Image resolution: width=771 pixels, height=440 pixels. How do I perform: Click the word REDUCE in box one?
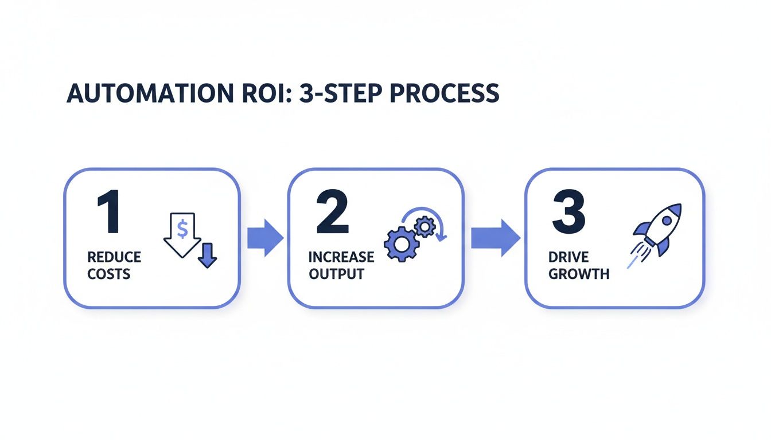[x=114, y=257]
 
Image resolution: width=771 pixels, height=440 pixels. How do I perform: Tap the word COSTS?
[x=109, y=274]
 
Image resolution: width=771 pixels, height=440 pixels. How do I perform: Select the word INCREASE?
[x=341, y=257]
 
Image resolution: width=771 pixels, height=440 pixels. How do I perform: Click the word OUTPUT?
[x=336, y=274]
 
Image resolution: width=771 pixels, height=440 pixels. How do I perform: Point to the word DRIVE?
[x=568, y=257]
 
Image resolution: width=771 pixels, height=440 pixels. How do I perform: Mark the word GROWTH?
[x=579, y=274]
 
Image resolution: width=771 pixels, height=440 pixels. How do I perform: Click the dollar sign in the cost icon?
[x=182, y=229]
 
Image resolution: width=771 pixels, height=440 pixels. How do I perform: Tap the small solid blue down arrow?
[x=207, y=255]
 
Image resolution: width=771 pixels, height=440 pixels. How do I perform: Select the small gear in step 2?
[x=425, y=227]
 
